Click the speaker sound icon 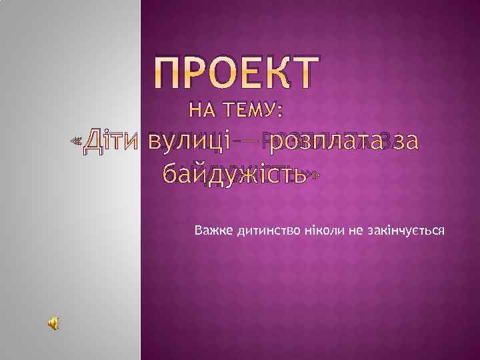(53, 323)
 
